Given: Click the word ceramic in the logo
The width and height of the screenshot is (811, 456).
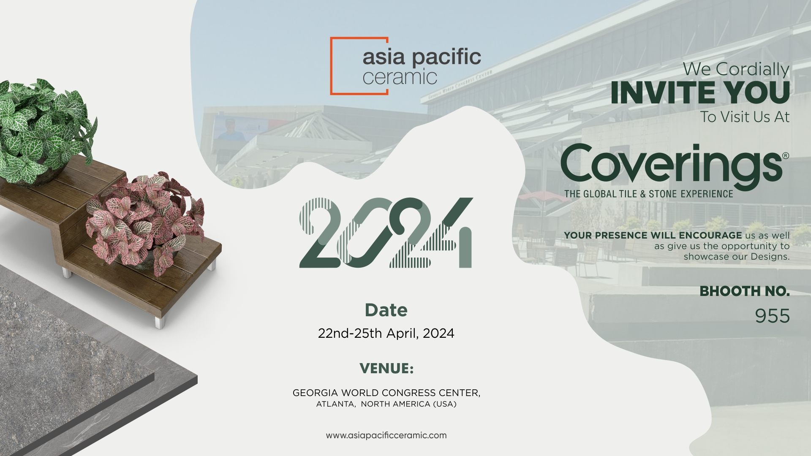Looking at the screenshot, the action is pos(400,77).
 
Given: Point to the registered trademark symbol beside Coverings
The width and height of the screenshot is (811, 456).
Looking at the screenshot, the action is pos(786,155).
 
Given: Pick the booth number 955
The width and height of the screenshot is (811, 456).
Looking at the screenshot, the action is pos(772,316).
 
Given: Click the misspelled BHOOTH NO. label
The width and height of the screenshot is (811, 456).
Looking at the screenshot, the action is pos(745,291).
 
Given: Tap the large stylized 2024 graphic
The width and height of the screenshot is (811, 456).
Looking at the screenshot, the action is pos(386,233).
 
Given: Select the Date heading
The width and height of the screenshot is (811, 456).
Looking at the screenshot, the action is pos(386,310).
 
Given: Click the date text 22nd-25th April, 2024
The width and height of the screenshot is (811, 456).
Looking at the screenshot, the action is pos(386,334).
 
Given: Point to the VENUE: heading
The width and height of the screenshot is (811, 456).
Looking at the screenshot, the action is pos(386,368).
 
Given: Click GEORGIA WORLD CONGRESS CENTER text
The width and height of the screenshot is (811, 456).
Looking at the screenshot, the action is pos(386,393).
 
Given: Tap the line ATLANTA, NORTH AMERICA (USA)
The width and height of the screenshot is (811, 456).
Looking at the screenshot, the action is pos(386,404).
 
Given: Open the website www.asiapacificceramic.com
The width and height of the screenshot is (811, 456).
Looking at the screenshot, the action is pos(386,435).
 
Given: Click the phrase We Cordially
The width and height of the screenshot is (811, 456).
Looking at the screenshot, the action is pos(736,69).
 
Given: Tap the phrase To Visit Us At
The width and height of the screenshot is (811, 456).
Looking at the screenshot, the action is pos(745,117).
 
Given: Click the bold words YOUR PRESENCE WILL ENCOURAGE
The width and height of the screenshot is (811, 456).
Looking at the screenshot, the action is pos(653,235).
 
